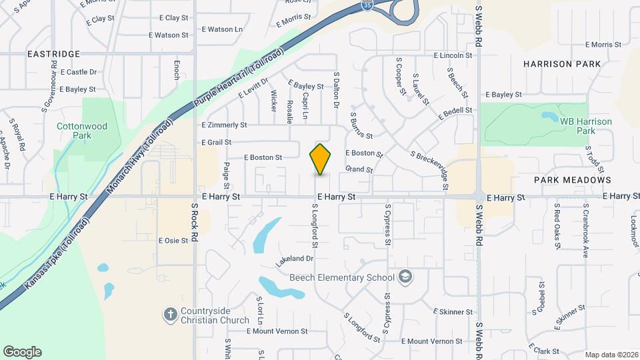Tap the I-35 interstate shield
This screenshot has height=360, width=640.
point(367,5)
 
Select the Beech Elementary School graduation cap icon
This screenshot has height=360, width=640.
point(405,277)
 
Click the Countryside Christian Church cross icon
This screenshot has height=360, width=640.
point(171,313)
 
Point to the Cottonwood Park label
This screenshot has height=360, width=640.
point(82,130)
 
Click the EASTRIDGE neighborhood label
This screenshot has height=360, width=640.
point(53,53)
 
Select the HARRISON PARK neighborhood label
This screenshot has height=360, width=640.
point(562,64)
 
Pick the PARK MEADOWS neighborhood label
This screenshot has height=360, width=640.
point(572,180)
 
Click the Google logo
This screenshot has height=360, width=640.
point(22,352)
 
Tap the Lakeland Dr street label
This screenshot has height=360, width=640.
point(295,258)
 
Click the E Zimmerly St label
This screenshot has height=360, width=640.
point(224,125)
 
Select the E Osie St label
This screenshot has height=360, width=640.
point(173,241)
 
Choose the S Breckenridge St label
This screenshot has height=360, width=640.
point(429,171)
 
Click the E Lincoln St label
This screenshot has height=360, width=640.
point(453,56)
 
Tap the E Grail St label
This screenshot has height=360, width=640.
point(216,142)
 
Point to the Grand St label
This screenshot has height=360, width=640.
point(359,169)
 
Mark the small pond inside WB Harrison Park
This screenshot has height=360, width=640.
point(550,116)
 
